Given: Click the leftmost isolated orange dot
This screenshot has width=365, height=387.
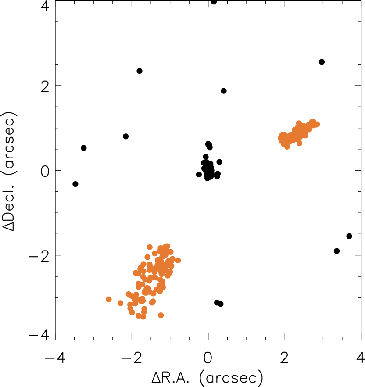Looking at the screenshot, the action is pos(109,299).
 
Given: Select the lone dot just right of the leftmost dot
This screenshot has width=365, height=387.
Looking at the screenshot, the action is pos(120,303).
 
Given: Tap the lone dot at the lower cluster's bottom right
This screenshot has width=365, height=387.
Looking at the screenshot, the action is pos(161,315).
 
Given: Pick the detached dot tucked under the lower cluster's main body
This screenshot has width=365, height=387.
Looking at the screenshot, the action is pos(152,302).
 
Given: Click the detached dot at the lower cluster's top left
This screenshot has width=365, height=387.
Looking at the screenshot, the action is pos(150,247).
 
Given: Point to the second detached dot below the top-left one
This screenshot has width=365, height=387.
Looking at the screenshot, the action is pos(147,257).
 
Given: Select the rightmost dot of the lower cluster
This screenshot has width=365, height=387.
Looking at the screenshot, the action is pos(178,260).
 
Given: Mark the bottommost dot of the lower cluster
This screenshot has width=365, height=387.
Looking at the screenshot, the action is pos(143,316).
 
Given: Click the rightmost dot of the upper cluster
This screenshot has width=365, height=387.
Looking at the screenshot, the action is pos(317,124).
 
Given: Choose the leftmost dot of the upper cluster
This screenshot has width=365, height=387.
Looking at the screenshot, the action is pos(280,139).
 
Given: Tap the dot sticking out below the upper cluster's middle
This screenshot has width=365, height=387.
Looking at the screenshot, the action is pos(299,143).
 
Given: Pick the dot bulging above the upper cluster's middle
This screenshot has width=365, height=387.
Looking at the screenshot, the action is pos(299,123).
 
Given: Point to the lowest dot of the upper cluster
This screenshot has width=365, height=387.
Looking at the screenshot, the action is pos(287,147).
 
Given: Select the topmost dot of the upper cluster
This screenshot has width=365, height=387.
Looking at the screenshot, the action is pos(312,121).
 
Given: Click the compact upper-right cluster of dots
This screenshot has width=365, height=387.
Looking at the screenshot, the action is pos(297,133).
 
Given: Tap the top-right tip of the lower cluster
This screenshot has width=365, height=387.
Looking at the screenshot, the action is pos(167,246).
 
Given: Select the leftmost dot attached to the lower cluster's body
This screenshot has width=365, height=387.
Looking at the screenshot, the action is pos(129,294).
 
